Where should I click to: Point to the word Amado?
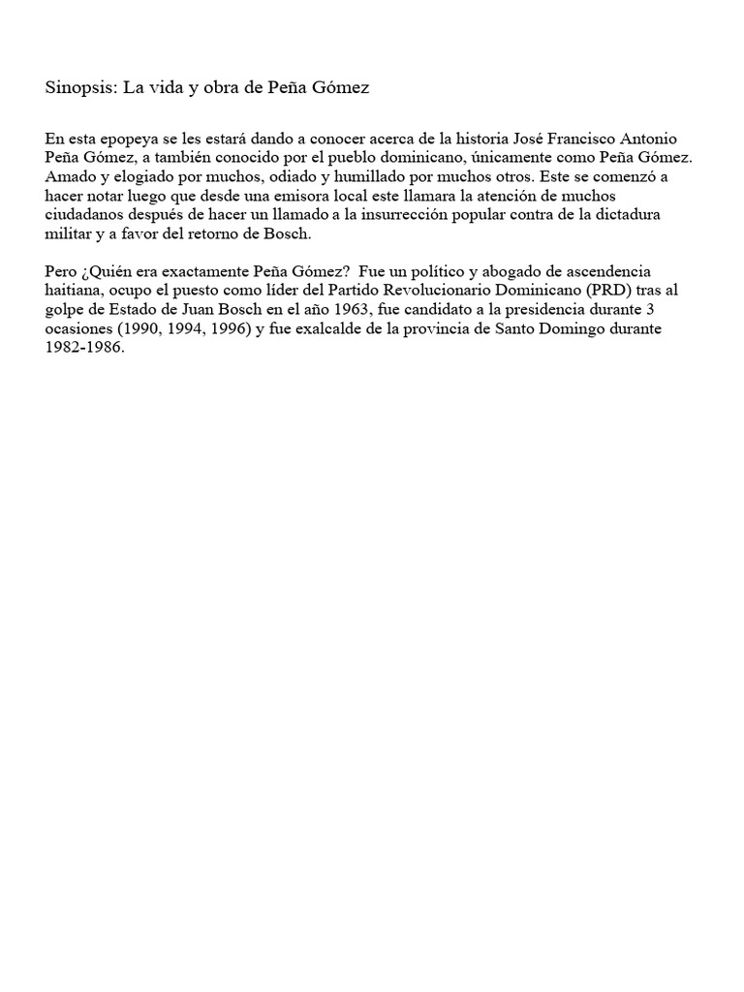click(70, 177)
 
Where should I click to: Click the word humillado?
click(400, 177)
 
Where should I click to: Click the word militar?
click(67, 235)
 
